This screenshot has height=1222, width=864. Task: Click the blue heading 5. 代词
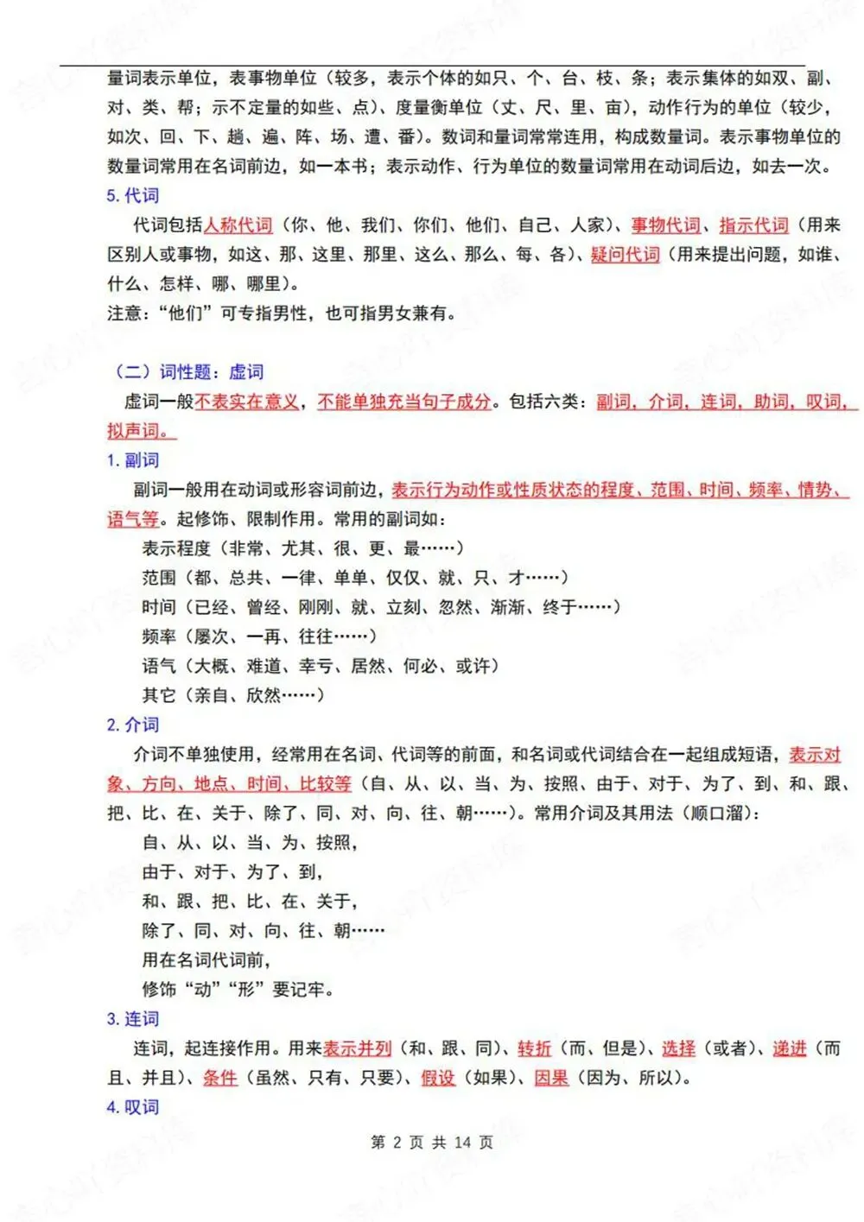pos(133,196)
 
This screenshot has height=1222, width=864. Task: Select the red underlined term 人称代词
pos(238,225)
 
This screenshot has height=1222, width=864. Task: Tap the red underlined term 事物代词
pos(665,225)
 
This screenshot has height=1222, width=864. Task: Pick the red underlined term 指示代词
pos(753,225)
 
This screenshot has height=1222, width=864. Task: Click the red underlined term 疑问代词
pos(626,255)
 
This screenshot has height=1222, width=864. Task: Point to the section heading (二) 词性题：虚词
pos(187,372)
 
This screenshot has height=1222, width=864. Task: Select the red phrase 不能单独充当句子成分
pos(404,402)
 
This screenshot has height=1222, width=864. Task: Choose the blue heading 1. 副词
pos(133,460)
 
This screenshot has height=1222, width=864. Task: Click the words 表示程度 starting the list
pos(176,548)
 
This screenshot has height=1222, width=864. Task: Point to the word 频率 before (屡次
pos(159,636)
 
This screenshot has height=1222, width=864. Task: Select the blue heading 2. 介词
pos(133,725)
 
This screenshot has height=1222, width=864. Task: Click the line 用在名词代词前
pos(206,960)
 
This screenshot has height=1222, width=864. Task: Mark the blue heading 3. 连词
pos(133,1019)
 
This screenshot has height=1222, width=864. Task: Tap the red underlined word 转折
pos(534,1048)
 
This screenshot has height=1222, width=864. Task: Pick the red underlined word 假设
pos(438,1078)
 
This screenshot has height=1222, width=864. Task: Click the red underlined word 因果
pos(551,1078)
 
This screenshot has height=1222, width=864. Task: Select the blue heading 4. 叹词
pos(133,1107)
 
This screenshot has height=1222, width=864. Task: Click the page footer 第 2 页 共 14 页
pos(432,1143)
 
